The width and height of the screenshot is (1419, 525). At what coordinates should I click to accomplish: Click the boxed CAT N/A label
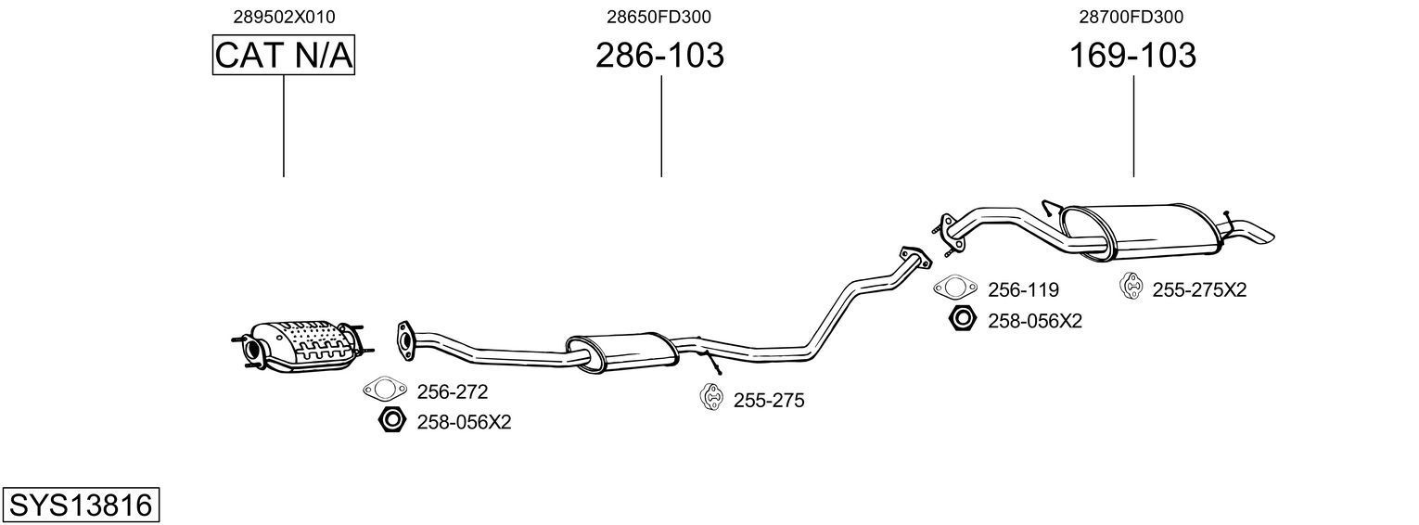[x=284, y=56]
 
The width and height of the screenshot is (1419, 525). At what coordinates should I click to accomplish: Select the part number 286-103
[x=659, y=56]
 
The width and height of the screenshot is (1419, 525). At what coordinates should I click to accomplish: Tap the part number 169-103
[x=1132, y=56]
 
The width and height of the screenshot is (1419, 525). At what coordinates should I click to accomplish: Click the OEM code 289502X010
[x=284, y=17]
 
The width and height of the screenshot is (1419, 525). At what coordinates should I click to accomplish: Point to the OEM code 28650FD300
[x=659, y=17]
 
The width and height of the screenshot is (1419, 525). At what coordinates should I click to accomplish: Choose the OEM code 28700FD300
[x=1132, y=17]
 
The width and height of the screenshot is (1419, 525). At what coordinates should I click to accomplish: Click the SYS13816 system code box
[x=81, y=506]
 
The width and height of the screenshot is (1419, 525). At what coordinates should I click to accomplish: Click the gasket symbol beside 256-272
[x=385, y=391]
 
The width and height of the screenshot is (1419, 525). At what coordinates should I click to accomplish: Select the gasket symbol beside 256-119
[x=955, y=289]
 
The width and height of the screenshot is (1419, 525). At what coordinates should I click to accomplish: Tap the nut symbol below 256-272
[x=392, y=421]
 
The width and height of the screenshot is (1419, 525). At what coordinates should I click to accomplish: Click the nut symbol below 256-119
[x=963, y=320]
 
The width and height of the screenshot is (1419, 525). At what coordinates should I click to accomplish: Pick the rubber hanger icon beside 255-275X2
[x=1132, y=288]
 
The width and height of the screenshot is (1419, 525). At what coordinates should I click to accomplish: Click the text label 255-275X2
[x=1199, y=289]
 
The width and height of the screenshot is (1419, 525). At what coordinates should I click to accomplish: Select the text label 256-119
[x=1023, y=289]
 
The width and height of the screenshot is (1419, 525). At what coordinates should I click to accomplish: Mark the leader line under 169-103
[x=1133, y=126]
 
